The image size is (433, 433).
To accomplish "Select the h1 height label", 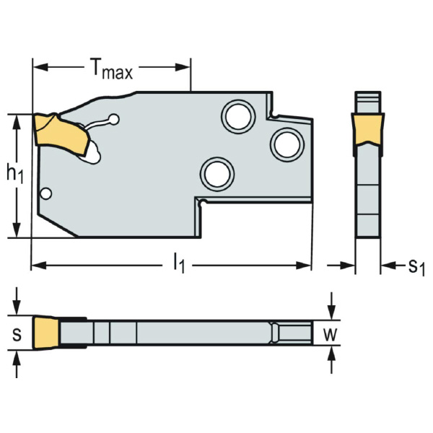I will [14, 174].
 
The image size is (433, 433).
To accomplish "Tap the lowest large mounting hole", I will [216, 173].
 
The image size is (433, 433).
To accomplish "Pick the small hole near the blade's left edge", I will [46, 193].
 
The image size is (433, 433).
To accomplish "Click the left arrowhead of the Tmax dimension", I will [38, 68].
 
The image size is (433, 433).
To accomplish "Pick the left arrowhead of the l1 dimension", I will [36, 266].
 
